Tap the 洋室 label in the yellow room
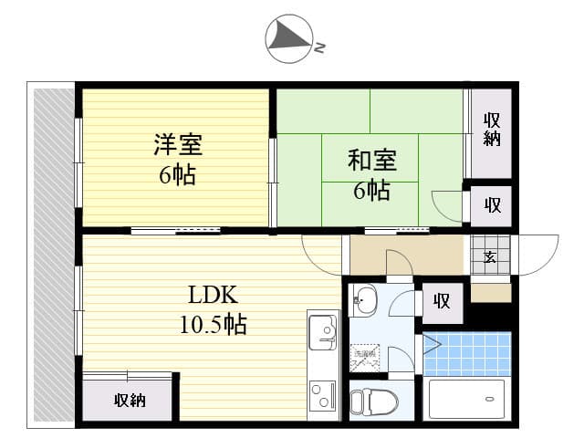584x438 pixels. (177, 145)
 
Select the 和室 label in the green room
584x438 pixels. (371, 161)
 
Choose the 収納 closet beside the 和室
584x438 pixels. (492, 130)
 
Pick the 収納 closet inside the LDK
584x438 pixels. (129, 400)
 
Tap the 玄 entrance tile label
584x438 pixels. (490, 256)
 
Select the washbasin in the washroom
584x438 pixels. (364, 297)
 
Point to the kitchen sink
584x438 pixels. (322, 330)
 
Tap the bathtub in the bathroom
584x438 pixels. (466, 399)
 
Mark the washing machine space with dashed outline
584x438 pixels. (366, 357)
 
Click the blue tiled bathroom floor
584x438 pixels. (466, 354)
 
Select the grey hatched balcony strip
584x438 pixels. (54, 255)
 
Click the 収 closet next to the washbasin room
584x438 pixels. (442, 301)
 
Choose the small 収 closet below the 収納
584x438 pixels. (492, 205)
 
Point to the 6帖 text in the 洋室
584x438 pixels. (177, 175)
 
